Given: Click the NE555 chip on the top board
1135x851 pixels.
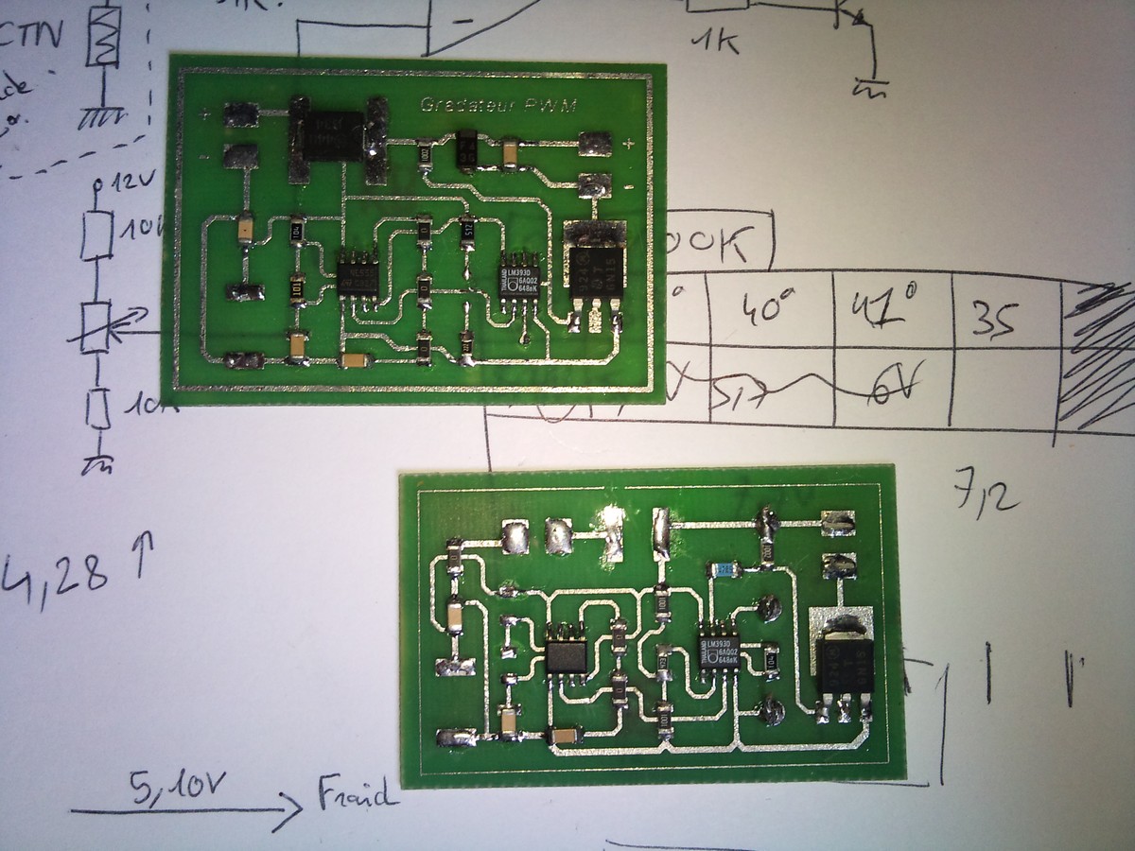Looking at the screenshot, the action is [358, 274].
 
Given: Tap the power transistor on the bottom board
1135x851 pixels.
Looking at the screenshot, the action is [843, 663].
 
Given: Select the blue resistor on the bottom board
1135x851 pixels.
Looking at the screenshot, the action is [724, 569].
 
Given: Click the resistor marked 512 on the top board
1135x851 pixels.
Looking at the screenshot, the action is [466, 227].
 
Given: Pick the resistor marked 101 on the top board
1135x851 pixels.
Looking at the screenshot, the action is [296, 285].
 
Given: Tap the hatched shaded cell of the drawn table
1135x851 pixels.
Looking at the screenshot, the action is [1097, 359].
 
